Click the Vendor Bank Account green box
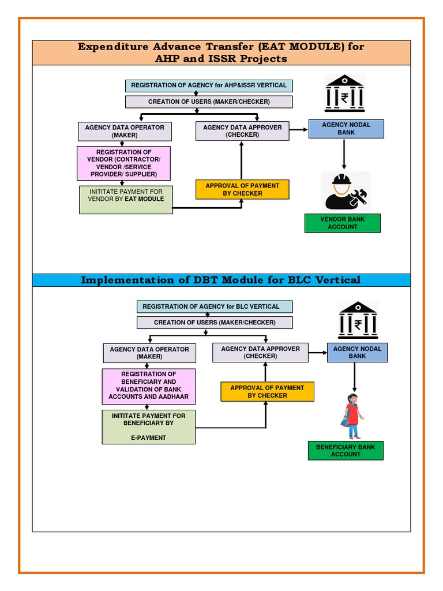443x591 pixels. [x=342, y=223]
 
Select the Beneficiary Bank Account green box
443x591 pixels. [x=346, y=451]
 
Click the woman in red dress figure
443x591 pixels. [x=352, y=416]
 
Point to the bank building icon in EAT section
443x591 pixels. [x=344, y=93]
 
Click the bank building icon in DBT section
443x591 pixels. [x=358, y=320]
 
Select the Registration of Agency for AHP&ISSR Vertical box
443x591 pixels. [x=209, y=85]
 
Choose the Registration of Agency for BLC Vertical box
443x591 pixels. [x=215, y=306]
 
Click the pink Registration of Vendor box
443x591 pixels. [x=124, y=163]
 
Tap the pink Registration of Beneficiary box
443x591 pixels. [x=148, y=386]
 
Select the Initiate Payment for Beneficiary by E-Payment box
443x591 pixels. [x=148, y=427]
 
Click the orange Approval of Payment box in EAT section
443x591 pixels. [x=242, y=189]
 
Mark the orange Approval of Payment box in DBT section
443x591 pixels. [x=267, y=392]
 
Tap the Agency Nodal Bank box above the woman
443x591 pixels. [x=357, y=353]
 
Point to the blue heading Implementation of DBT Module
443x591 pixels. [x=221, y=280]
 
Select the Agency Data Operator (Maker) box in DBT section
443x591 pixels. [x=149, y=353]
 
